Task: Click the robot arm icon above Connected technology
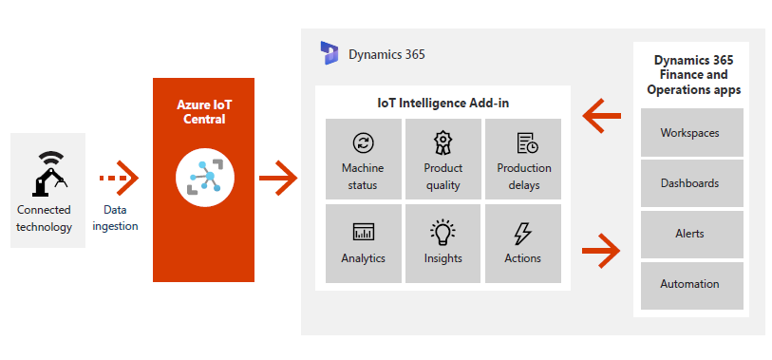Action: [49, 174]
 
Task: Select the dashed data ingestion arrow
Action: [119, 178]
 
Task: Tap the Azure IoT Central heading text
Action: [204, 112]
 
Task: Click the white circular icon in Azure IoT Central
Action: [205, 178]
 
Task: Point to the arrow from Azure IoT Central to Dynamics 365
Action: [278, 178]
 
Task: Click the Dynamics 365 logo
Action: [329, 53]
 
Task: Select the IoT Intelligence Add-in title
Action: [443, 103]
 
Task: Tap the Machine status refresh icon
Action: [364, 142]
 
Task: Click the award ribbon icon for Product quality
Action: [443, 142]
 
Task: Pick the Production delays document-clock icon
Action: [527, 142]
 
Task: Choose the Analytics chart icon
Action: [364, 232]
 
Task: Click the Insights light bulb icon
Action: [443, 232]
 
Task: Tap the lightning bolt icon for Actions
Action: [522, 233]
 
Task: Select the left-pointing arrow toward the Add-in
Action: [601, 116]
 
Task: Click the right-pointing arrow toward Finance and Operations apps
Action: [601, 251]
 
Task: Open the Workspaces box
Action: [691, 132]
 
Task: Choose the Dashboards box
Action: [691, 183]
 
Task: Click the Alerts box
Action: [691, 234]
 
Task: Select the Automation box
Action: [691, 285]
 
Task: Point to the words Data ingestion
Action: [115, 218]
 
